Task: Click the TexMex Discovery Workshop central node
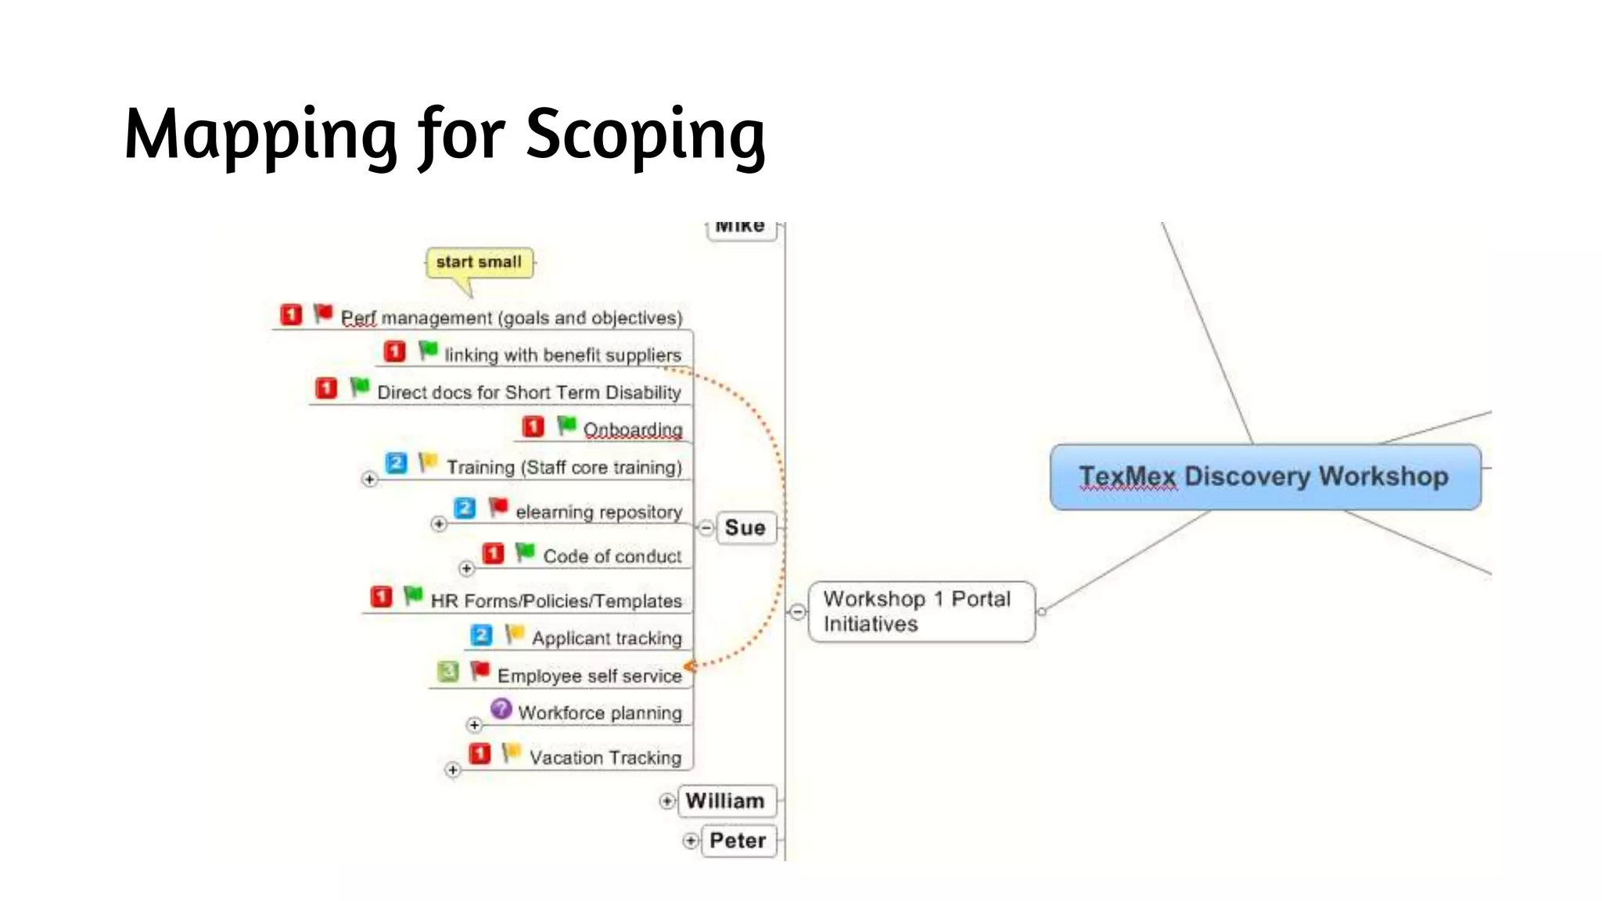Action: [x=1265, y=477]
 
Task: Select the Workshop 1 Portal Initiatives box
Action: [x=921, y=612]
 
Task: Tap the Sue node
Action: [x=745, y=528]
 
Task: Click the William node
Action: [x=726, y=801]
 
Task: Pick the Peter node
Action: [x=738, y=841]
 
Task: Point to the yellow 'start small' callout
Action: [x=479, y=263]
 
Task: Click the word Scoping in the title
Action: [x=645, y=135]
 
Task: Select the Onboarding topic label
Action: [x=633, y=430]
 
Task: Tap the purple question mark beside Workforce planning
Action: [x=501, y=709]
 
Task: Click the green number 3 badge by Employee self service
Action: [x=448, y=672]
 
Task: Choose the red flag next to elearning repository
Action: [x=498, y=508]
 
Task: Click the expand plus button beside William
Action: [x=666, y=801]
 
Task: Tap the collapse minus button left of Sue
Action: [x=706, y=528]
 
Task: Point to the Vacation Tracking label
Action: [x=605, y=758]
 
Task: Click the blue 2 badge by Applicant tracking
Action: [x=482, y=634]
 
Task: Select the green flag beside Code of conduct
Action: [x=525, y=552]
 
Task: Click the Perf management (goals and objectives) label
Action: [x=512, y=318]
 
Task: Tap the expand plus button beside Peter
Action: [x=691, y=841]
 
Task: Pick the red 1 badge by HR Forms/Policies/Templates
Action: [x=381, y=598]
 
